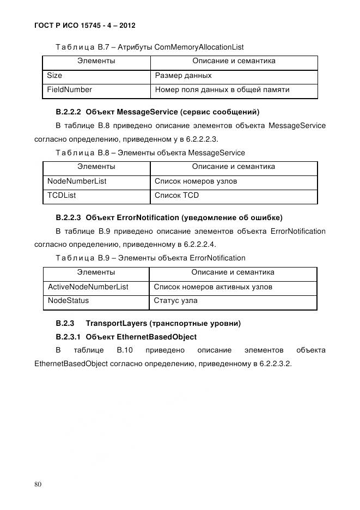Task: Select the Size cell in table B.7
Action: [54, 76]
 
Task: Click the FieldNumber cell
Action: [70, 89]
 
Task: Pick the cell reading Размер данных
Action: [184, 76]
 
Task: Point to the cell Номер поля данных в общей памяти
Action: [222, 89]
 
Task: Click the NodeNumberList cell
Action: [77, 181]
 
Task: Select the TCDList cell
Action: [62, 195]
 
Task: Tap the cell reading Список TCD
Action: [177, 195]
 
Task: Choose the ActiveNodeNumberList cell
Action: [88, 287]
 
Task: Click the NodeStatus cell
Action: [69, 300]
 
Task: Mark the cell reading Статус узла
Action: [176, 300]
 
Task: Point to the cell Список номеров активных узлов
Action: [213, 287]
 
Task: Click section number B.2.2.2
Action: [69, 112]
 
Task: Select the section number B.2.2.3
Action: [69, 218]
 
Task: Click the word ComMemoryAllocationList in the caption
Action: [199, 47]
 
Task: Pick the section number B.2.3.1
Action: [69, 337]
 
